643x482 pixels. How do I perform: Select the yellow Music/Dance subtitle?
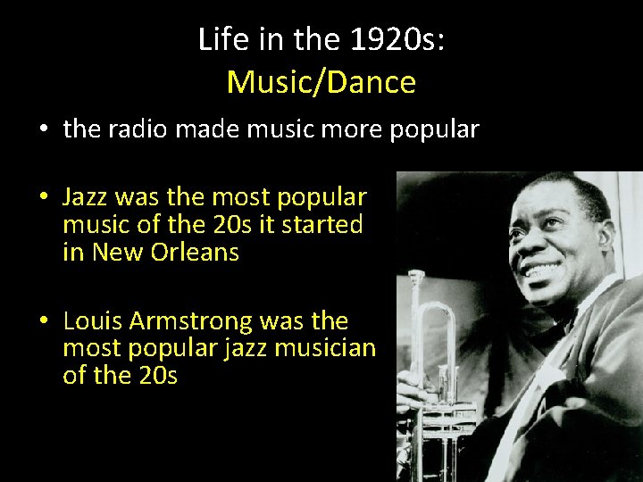[321, 82]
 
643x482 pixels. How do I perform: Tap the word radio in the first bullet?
[138, 129]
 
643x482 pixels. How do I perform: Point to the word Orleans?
[196, 253]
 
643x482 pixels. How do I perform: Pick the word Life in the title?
[218, 39]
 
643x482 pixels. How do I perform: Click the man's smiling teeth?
[546, 269]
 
